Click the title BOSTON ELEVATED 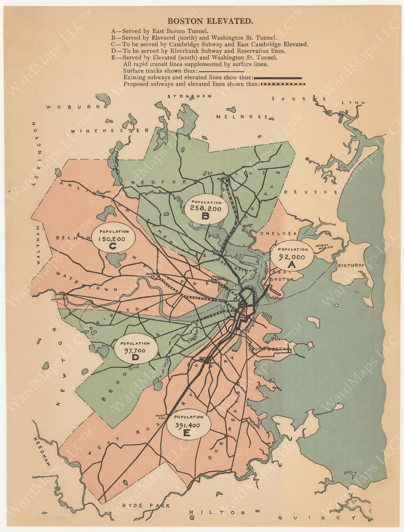click(210, 21)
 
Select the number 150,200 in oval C click(111, 239)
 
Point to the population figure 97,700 click(135, 351)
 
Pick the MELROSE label click(242, 117)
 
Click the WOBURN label click(73, 107)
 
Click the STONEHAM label click(189, 96)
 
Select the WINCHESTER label click(110, 131)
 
